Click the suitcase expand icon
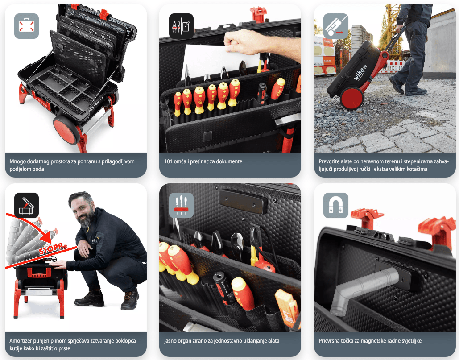[26, 26]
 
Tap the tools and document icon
[181, 26]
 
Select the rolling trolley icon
[336, 26]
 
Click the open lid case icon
[26, 205]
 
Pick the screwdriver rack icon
[181, 205]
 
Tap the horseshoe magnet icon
[336, 205]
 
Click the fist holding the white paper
[240, 41]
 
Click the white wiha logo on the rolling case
[360, 73]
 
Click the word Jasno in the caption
[170, 341]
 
